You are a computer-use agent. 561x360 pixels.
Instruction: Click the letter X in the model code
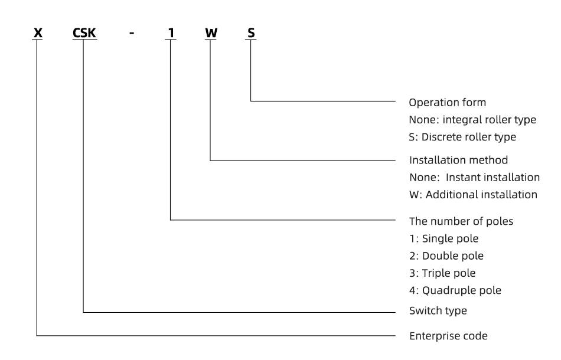[38, 33]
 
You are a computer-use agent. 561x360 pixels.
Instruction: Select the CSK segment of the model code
[84, 33]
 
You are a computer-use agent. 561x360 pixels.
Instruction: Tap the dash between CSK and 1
[132, 33]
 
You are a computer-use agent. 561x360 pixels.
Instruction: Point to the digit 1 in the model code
[171, 33]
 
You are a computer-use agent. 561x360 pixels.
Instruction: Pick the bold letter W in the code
[211, 33]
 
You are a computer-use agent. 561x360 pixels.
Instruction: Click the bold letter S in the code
[251, 33]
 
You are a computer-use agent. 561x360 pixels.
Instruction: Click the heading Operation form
[447, 103]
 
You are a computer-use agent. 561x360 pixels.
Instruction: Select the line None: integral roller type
[472, 120]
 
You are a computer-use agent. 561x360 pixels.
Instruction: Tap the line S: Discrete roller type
[462, 137]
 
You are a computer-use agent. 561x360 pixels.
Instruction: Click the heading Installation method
[458, 160]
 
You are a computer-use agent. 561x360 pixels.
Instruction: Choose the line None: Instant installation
[474, 177]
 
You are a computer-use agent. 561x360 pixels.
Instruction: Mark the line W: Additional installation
[473, 195]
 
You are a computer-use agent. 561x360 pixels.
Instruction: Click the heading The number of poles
[461, 221]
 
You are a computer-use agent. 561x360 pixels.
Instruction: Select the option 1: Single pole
[443, 238]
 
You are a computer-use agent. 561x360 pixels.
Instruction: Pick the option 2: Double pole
[446, 256]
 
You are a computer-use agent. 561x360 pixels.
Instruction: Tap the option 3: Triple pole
[442, 273]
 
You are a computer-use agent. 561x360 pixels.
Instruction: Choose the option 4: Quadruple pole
[455, 290]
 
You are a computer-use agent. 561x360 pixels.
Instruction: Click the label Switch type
[438, 310]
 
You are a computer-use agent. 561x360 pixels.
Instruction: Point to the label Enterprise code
[448, 336]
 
